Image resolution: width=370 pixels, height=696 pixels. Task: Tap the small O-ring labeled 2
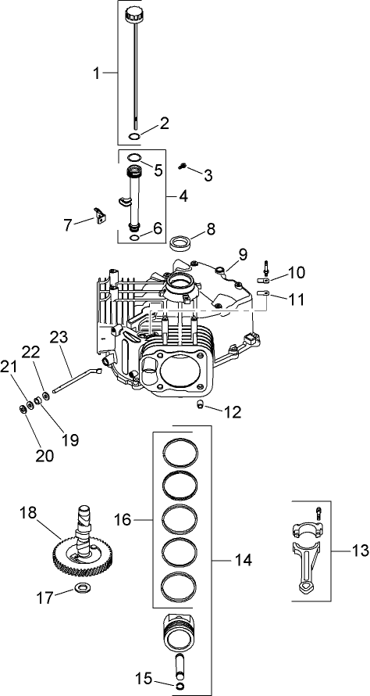tap(134, 137)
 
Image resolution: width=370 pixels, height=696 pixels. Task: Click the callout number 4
tap(183, 196)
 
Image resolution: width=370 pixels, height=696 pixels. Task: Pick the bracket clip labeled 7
tap(99, 216)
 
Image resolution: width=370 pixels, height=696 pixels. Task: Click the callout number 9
tap(243, 254)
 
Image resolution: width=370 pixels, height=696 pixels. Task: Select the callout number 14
tap(222, 560)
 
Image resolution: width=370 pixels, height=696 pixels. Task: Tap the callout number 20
tap(45, 455)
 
